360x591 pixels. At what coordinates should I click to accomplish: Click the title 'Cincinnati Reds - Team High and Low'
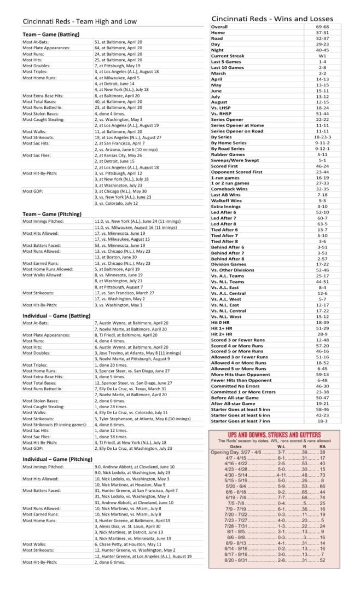tap(79, 22)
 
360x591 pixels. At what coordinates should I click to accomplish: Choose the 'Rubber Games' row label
tap(228, 154)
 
